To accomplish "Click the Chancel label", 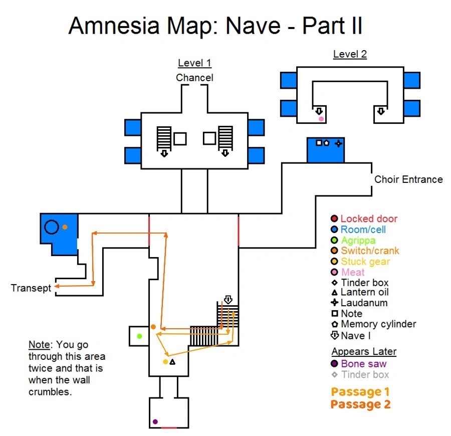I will click(x=194, y=78).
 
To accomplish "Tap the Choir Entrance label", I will click(x=408, y=179).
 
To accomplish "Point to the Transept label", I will click(x=31, y=288).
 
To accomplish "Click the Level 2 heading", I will click(x=350, y=54).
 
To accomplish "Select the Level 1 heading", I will click(x=194, y=63).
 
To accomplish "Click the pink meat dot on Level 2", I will click(x=321, y=119).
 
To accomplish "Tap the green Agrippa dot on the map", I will click(x=139, y=336).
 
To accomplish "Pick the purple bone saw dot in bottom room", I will click(x=155, y=421).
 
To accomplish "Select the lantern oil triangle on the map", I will click(x=172, y=362).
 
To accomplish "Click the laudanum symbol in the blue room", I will click(x=338, y=143).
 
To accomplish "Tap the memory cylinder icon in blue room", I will click(x=326, y=143).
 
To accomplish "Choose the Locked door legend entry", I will click(x=369, y=219).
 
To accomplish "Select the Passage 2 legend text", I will click(x=360, y=404).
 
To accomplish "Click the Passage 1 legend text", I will click(x=360, y=392).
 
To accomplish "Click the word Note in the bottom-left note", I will click(x=39, y=345).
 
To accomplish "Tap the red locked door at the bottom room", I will click(x=169, y=428).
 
